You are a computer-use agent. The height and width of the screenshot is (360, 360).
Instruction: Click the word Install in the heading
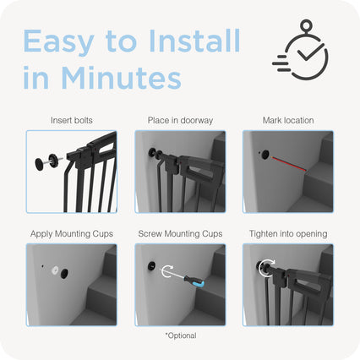[194, 41]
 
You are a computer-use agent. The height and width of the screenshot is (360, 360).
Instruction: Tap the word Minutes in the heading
[121, 78]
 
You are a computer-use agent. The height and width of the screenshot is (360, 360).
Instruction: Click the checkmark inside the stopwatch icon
[311, 52]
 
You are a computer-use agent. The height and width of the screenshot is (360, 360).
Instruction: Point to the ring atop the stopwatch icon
[306, 25]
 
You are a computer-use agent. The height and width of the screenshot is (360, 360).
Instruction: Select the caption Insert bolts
[72, 120]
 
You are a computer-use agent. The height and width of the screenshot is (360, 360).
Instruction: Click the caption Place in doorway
[180, 121]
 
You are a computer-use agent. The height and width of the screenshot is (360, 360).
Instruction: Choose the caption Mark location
[288, 120]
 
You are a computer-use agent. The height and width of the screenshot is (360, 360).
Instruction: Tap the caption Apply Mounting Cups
[72, 234]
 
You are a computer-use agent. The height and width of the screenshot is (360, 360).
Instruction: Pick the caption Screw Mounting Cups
[180, 234]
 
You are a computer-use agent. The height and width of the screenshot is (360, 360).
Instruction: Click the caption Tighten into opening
[288, 234]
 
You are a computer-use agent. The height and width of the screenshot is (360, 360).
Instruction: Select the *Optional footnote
[181, 335]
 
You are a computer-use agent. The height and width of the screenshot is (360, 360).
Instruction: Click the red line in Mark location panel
[288, 164]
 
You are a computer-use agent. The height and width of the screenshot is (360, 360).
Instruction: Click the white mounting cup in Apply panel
[55, 270]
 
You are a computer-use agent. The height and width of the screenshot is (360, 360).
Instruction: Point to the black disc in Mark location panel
[265, 155]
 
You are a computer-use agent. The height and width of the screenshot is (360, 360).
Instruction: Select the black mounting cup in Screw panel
[152, 266]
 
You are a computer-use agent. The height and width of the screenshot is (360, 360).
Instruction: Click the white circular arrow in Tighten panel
[265, 269]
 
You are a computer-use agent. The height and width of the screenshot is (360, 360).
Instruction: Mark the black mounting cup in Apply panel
[64, 274]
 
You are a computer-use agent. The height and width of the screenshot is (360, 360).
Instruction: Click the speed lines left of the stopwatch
[281, 63]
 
